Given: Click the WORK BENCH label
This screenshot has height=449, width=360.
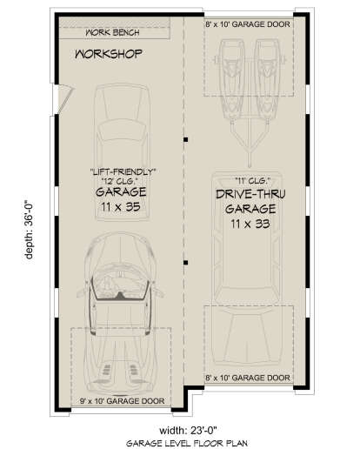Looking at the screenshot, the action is point(112,32).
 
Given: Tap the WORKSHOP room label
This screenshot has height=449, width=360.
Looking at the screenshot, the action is point(109,54).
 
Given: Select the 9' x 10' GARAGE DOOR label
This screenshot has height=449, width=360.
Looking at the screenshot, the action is point(123,401).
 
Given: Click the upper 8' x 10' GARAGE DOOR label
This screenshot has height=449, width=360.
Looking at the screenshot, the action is point(248,24).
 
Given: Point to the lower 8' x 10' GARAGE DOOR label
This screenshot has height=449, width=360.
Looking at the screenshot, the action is point(248,378).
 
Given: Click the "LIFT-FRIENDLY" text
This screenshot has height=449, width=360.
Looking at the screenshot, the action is point(123,171).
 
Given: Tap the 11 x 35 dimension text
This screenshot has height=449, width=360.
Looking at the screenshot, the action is point(121,207).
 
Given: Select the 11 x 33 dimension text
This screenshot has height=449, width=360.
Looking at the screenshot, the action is point(250,224).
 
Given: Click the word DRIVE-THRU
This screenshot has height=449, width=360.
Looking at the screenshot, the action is point(250,194).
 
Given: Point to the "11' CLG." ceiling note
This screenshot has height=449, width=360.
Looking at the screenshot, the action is point(252,181).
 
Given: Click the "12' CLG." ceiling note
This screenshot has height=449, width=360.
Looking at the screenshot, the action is point(119,181).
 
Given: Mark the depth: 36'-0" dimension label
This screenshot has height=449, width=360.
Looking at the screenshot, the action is point(29,231).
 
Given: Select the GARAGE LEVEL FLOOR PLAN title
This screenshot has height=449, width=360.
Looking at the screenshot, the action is point(187,443).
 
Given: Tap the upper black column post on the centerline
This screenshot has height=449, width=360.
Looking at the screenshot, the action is point(186,139).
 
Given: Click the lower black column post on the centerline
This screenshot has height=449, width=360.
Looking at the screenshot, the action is point(186,263).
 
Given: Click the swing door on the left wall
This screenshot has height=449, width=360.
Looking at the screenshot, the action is point(66,98).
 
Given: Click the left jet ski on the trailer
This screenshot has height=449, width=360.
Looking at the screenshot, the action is point(231,79).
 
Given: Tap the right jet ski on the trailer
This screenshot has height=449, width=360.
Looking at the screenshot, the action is point(267,79).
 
